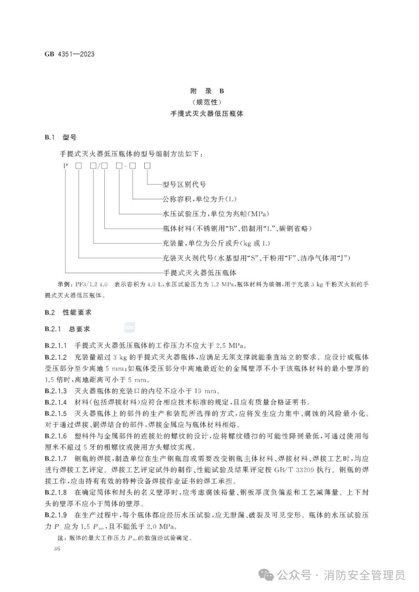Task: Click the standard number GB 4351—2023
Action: [x=69, y=54]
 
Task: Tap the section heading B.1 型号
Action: [x=60, y=137]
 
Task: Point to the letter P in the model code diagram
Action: [x=66, y=166]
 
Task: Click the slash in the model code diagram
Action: [x=100, y=166]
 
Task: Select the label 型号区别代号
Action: [x=184, y=185]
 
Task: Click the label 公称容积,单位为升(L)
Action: [x=199, y=199]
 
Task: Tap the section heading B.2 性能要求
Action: [x=68, y=312]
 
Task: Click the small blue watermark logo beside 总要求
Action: [x=129, y=328]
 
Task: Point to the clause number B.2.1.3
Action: [x=56, y=390]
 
